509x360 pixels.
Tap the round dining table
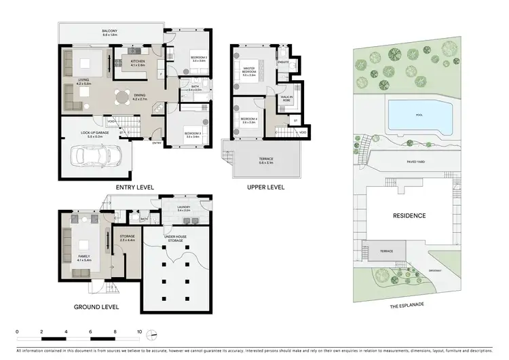pos(122,97)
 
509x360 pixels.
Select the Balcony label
pos(110,33)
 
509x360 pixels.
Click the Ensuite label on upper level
pos(284,62)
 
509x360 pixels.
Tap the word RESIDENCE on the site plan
pos(409,216)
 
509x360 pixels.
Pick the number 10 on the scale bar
pos(139,332)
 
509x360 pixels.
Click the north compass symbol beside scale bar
pos(153,334)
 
